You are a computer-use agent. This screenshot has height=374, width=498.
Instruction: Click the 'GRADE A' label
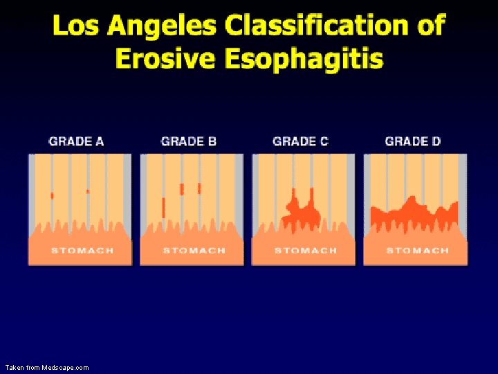click(76, 141)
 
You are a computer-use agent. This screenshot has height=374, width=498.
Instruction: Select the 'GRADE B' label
click(188, 141)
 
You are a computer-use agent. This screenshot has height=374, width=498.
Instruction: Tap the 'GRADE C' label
click(300, 141)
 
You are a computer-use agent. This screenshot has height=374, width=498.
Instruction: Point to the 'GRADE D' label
click(412, 141)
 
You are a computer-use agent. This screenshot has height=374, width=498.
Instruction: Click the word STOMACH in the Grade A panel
click(82, 251)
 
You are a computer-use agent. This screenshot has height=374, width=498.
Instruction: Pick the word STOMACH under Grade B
click(194, 251)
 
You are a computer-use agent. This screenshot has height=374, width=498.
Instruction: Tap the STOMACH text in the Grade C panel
click(306, 251)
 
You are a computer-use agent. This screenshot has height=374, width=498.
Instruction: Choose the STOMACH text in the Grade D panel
click(417, 251)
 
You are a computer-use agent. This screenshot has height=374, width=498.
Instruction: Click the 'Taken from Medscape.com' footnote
click(47, 367)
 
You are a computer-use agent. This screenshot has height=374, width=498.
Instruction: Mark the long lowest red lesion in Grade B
click(163, 207)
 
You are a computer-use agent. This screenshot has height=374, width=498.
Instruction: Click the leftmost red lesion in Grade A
click(52, 196)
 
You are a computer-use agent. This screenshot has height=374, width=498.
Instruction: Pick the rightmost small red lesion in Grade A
click(87, 191)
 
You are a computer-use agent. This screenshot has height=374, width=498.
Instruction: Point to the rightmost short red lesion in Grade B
click(199, 188)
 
